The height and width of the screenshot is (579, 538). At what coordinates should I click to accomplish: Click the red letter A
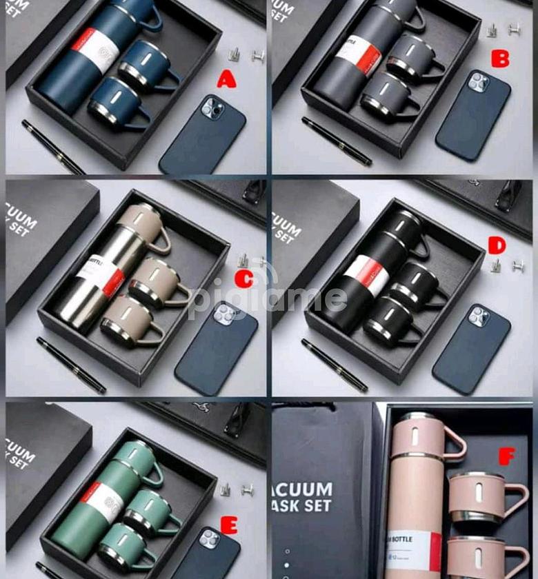point(226,80)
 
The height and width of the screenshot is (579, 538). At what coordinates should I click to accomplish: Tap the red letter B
point(500,59)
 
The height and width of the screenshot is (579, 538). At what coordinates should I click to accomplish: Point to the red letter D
point(497,245)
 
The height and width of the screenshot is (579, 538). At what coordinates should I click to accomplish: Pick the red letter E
point(229,526)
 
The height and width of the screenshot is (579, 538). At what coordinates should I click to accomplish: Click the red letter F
point(507,456)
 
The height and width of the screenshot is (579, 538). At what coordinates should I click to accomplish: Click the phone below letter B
point(473,116)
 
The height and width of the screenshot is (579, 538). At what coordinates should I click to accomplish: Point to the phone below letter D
point(472,349)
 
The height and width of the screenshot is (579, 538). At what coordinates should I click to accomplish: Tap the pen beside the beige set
point(71,365)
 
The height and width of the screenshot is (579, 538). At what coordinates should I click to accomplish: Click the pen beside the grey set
point(337,141)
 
